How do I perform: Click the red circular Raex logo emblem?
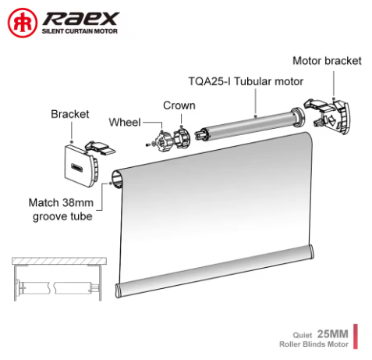coord(23,23)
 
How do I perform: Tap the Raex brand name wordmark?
coord(80,19)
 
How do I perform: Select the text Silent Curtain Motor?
coord(80,31)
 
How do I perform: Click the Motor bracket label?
coord(327,61)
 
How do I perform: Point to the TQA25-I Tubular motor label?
coord(246,81)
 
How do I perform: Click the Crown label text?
coord(179,105)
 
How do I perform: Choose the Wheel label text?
coord(125,123)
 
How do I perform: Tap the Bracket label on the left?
coord(70,114)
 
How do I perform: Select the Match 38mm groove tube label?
coord(61,209)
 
